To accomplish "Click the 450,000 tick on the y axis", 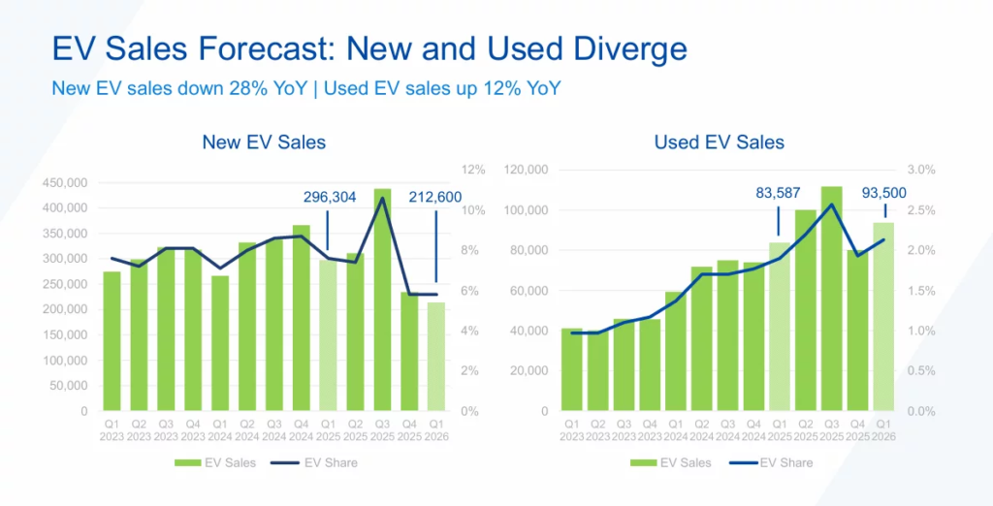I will pyautogui.click(x=66, y=182).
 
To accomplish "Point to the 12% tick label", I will pyautogui.click(x=473, y=170).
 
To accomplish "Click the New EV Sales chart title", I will pyautogui.click(x=264, y=142).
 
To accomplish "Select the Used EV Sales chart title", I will pyautogui.click(x=719, y=142).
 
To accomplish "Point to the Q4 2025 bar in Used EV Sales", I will pyautogui.click(x=857, y=331).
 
